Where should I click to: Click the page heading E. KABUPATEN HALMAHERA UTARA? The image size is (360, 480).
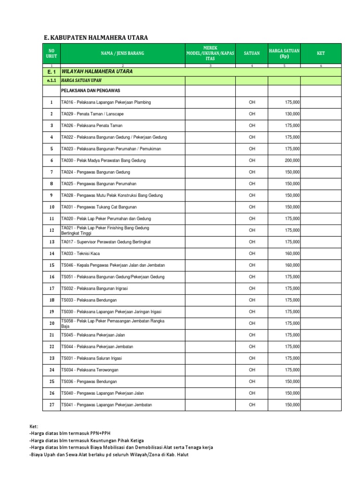(92, 38)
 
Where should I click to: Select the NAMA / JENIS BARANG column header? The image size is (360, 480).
(122, 53)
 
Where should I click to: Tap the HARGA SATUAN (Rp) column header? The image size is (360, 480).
(284, 53)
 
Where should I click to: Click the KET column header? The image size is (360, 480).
(321, 53)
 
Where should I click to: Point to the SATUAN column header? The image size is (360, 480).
(252, 53)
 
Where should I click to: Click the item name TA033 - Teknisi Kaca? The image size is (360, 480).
(80, 254)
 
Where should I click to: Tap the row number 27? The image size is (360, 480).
(52, 405)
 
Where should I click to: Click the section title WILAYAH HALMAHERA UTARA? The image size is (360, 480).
(97, 72)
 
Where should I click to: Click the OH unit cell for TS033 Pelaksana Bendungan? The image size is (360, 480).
(252, 300)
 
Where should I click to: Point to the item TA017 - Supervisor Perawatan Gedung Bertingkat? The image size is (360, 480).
(106, 242)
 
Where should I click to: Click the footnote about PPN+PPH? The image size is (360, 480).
(70, 434)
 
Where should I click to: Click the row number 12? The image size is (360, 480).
(52, 230)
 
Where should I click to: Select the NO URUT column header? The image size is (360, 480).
(52, 53)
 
